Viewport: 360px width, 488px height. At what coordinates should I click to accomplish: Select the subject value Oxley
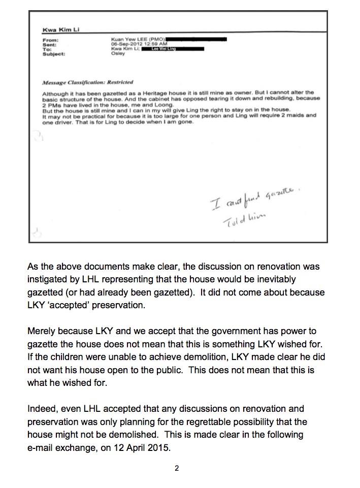point(117,53)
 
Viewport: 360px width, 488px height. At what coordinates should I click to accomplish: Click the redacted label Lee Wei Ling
point(172,49)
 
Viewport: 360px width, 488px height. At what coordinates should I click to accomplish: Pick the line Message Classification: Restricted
point(88,82)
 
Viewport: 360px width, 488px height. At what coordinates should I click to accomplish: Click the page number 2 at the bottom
point(177,468)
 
